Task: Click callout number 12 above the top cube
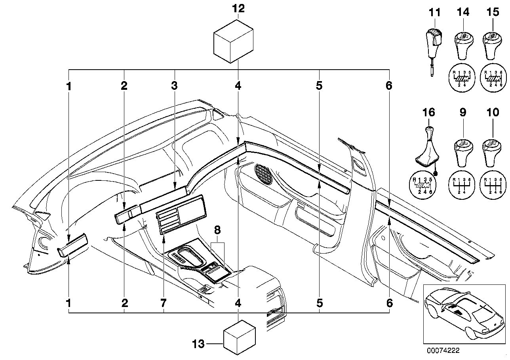[x=239, y=9]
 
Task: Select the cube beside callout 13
[x=239, y=338]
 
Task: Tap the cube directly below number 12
[x=233, y=41]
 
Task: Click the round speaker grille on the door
[x=265, y=174]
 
